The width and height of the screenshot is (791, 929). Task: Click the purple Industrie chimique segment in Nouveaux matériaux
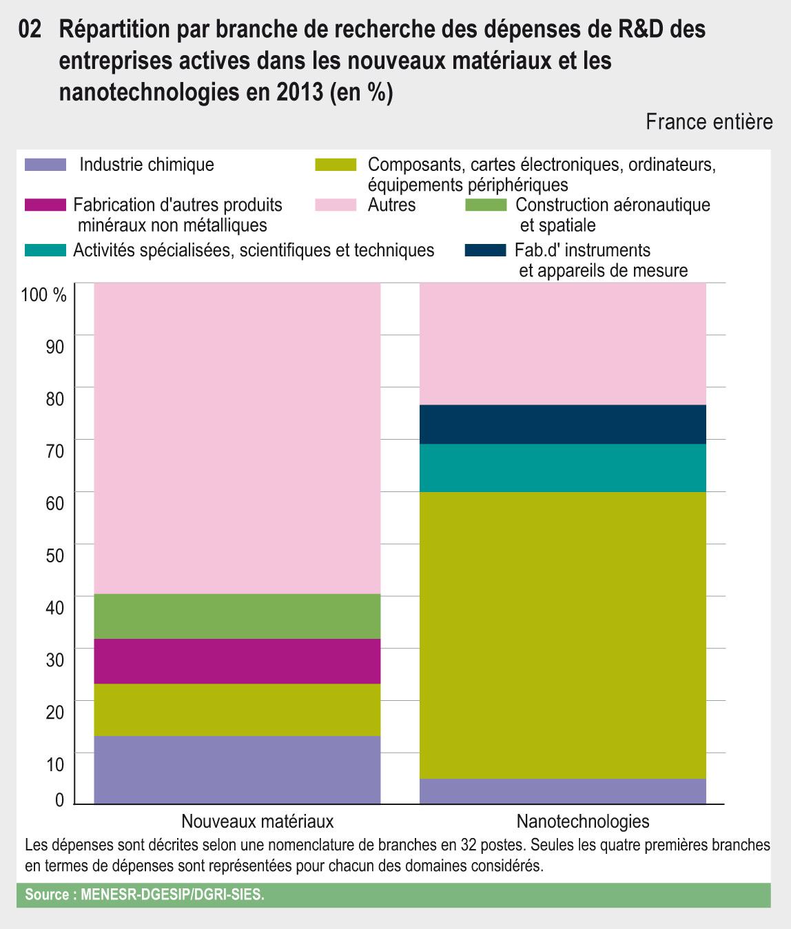click(x=237, y=769)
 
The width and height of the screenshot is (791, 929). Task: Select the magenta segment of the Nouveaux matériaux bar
click(x=237, y=661)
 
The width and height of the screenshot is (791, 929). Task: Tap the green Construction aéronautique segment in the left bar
click(x=237, y=616)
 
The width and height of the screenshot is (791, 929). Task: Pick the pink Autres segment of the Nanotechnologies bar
click(x=563, y=343)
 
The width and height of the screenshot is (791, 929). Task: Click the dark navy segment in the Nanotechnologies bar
click(x=563, y=424)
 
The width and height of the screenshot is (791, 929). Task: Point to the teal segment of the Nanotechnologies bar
click(x=563, y=467)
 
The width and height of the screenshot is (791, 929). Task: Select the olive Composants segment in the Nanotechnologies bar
click(x=563, y=635)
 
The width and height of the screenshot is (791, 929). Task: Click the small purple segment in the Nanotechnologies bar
click(x=563, y=790)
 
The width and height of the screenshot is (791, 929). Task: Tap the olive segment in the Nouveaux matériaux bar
click(x=237, y=709)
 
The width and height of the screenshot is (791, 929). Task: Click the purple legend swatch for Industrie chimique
click(x=45, y=165)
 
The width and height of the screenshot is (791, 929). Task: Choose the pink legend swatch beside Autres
click(x=336, y=205)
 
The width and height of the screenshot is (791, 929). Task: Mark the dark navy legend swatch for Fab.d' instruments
click(x=486, y=250)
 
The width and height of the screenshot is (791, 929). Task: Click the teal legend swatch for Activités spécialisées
click(x=45, y=249)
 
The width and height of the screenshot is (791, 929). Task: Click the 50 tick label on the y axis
click(x=54, y=555)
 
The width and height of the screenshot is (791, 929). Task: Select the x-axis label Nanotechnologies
click(x=583, y=821)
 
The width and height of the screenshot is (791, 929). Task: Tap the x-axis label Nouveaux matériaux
click(x=258, y=821)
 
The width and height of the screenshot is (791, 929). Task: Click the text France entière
click(x=709, y=122)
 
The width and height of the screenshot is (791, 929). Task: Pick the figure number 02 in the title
click(x=32, y=30)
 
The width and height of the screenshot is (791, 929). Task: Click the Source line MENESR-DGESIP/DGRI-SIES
click(x=144, y=895)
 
